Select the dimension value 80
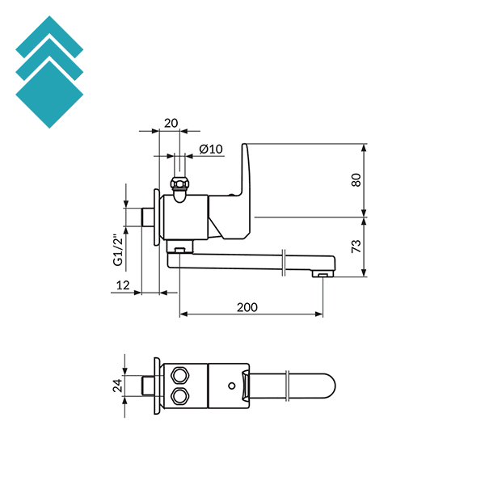pyautogui.click(x=356, y=180)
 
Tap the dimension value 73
pyautogui.click(x=356, y=247)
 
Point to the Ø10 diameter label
pyautogui.click(x=210, y=149)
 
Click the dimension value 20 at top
pyautogui.click(x=171, y=123)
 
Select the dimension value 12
pyautogui.click(x=123, y=285)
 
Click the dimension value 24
pyautogui.click(x=116, y=386)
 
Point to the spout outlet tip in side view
pyautogui.click(x=323, y=276)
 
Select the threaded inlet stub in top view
pyautogui.click(x=149, y=385)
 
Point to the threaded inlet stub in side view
pyautogui.click(x=146, y=216)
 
